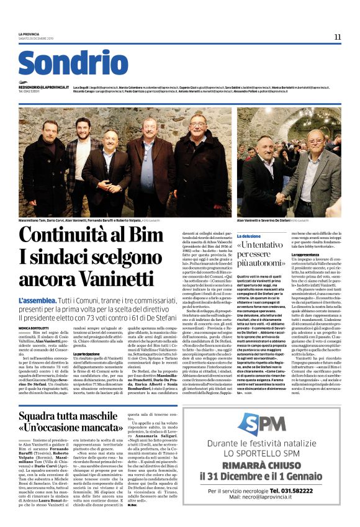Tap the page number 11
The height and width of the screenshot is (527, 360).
[337, 37]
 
